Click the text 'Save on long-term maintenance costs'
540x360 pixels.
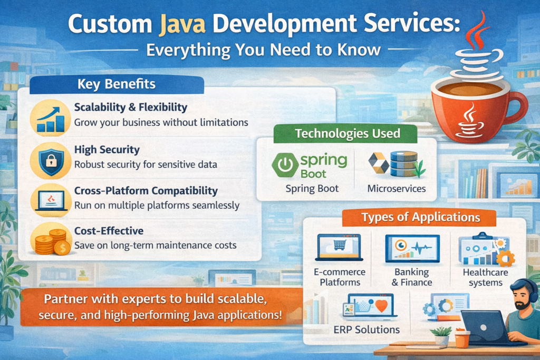coord(155,246)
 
